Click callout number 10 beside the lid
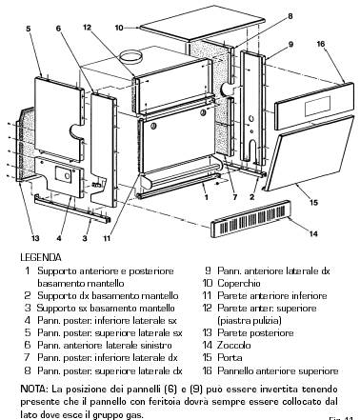pyautogui.click(x=119, y=28)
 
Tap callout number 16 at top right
pyautogui.click(x=321, y=44)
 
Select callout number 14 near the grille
pyautogui.click(x=313, y=233)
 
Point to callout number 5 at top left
pyautogui.click(x=29, y=29)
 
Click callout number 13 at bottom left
pyautogui.click(x=35, y=238)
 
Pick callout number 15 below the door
pyautogui.click(x=313, y=202)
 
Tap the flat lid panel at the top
pyautogui.click(x=203, y=24)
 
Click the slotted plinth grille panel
pyautogui.click(x=250, y=219)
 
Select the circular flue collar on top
pyautogui.click(x=130, y=58)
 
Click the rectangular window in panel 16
pyautogui.click(x=317, y=106)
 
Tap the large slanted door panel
pyautogui.click(x=309, y=153)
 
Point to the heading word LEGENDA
pyautogui.click(x=41, y=257)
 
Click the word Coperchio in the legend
pyautogui.click(x=239, y=283)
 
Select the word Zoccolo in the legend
pyautogui.click(x=234, y=345)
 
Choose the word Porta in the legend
pyautogui.click(x=230, y=357)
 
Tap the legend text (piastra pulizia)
pyautogui.click(x=250, y=320)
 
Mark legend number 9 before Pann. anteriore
pyautogui.click(x=208, y=270)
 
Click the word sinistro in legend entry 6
pyautogui.click(x=154, y=345)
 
